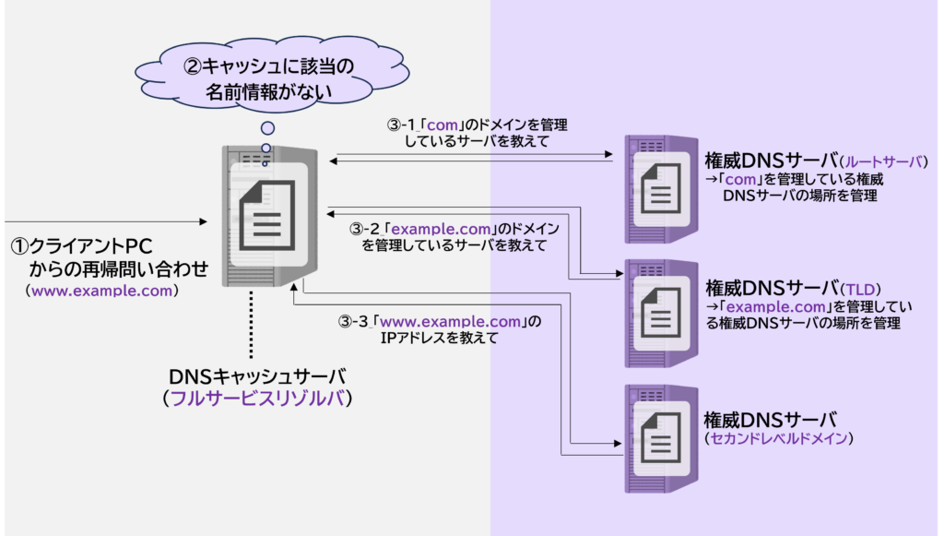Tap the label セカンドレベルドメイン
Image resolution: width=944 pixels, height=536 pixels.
[x=776, y=438]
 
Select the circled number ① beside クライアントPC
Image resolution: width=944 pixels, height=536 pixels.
[x=20, y=247]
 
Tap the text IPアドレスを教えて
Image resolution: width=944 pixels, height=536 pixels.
[x=440, y=339]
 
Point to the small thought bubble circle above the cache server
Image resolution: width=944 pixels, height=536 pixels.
[x=267, y=128]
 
